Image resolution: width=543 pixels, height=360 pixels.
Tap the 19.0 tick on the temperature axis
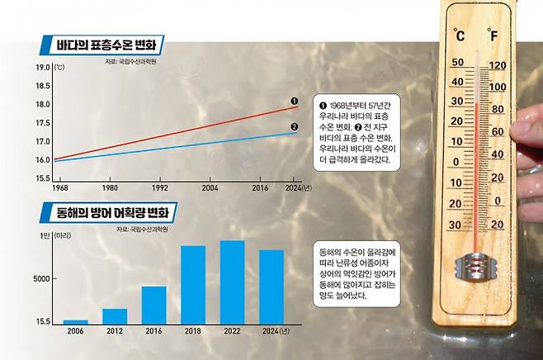[x=39, y=66]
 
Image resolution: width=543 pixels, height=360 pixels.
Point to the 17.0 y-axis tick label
[x=39, y=140]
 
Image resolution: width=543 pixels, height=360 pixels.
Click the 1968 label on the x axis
[x=59, y=188]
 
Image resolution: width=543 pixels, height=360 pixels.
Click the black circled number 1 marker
[x=295, y=101]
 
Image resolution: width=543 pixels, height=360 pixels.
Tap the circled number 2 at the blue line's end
[x=295, y=126]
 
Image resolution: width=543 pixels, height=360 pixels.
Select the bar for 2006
[x=75, y=321]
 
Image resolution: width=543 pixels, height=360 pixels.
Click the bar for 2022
[x=232, y=282]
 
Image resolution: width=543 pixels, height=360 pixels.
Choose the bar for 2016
[x=153, y=305]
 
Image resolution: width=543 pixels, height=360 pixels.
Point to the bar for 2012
[x=115, y=315]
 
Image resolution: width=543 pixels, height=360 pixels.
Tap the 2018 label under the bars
[x=193, y=332]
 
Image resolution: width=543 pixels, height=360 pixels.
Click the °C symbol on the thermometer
[x=459, y=36]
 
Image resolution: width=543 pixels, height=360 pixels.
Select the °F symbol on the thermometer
[x=493, y=36]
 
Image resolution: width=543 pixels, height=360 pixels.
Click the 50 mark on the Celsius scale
[x=456, y=63]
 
